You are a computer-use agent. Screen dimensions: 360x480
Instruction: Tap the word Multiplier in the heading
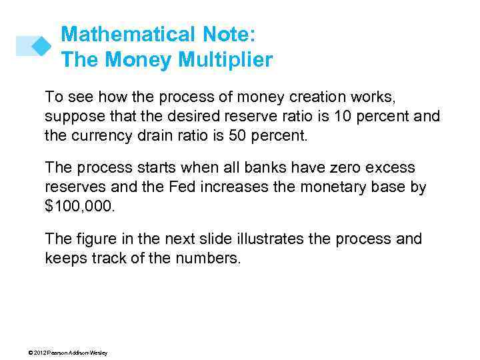click(225, 60)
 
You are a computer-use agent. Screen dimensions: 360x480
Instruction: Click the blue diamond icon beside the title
click(42, 45)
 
